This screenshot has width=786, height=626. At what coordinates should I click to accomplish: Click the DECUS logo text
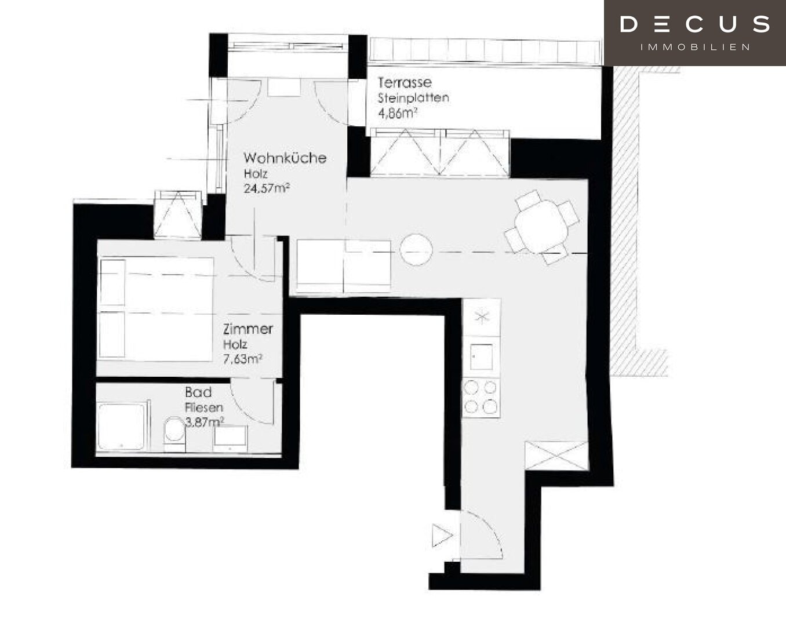pos(694,24)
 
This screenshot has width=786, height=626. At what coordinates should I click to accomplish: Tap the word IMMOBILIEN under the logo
pos(695,47)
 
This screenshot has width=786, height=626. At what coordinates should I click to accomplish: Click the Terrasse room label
pos(405,82)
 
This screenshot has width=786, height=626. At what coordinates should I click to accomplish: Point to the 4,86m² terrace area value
pos(398,113)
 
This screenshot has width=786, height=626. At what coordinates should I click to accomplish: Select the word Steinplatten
pos(413,97)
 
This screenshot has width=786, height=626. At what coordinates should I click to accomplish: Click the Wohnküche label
pos(285,158)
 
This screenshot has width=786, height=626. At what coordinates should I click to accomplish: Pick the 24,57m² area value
pos(266,188)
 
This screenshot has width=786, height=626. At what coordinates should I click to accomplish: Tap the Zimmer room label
pos(248,329)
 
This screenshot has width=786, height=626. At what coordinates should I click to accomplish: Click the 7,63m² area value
pos(242,359)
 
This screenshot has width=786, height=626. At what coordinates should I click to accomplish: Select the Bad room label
pos(198,392)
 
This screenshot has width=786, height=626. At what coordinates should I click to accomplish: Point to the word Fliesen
pos(203,407)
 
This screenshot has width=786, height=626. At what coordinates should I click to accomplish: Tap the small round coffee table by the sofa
pos(416,250)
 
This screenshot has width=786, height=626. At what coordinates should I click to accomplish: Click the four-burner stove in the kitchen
pos(481,398)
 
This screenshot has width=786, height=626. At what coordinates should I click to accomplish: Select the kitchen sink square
pos(481,356)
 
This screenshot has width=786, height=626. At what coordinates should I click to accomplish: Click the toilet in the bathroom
pos(174,432)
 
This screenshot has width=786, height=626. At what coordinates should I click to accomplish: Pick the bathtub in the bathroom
pos(122,427)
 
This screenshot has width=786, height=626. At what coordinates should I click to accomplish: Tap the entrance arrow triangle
pos(441,535)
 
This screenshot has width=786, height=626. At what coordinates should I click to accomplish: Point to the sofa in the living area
pos(344,265)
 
